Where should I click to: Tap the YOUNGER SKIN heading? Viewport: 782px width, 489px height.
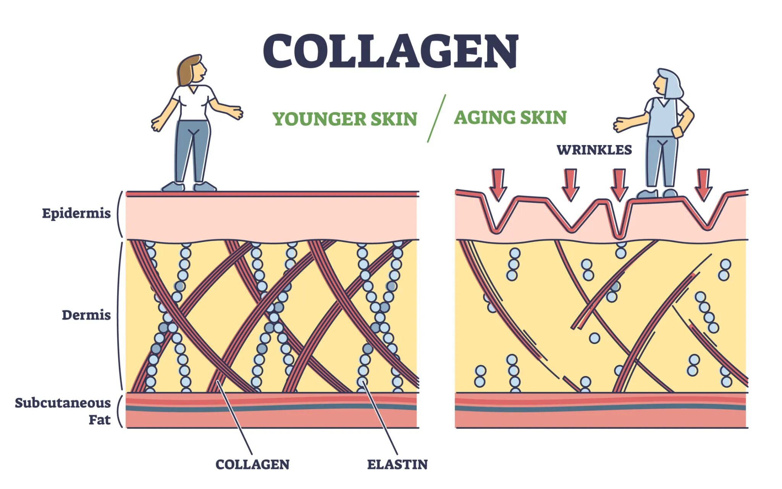[344, 119]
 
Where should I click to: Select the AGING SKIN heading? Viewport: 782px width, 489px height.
[510, 117]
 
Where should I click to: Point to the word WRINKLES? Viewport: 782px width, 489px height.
[594, 150]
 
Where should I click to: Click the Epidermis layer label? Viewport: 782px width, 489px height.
[76, 213]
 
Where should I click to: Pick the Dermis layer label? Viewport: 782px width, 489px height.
[86, 315]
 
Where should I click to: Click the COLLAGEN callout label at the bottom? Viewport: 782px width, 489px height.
[252, 465]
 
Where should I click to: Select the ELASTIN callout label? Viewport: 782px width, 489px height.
[397, 465]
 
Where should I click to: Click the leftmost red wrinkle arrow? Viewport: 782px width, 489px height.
[498, 184]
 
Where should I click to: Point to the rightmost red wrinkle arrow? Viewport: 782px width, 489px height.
[703, 184]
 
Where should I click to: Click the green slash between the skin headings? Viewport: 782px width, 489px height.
[436, 118]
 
